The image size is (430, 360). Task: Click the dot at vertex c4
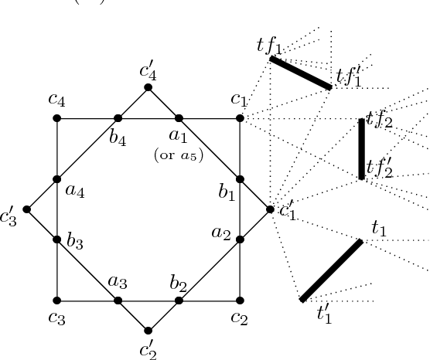coord(57,118)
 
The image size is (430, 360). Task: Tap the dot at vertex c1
coord(240,118)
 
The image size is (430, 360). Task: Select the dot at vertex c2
coord(240,301)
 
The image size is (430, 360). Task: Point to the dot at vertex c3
coord(57,301)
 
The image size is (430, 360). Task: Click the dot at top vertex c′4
coord(148,87)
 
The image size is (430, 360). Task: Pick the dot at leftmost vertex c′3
coord(27,209)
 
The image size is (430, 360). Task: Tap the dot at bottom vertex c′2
coord(148,331)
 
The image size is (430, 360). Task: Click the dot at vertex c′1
coord(270,209)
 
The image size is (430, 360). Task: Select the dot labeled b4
coord(118,118)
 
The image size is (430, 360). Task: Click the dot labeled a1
coord(179,118)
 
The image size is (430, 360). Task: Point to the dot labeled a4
coord(57,179)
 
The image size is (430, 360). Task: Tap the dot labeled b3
coord(57,239)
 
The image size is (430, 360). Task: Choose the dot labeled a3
coord(118,301)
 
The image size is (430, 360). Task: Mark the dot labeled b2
coord(179,301)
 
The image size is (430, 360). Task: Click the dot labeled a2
coord(240,239)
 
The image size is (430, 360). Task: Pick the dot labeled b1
coord(240,179)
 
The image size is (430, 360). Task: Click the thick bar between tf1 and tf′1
coord(301,73)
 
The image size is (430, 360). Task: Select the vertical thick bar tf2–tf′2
coord(361,149)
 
